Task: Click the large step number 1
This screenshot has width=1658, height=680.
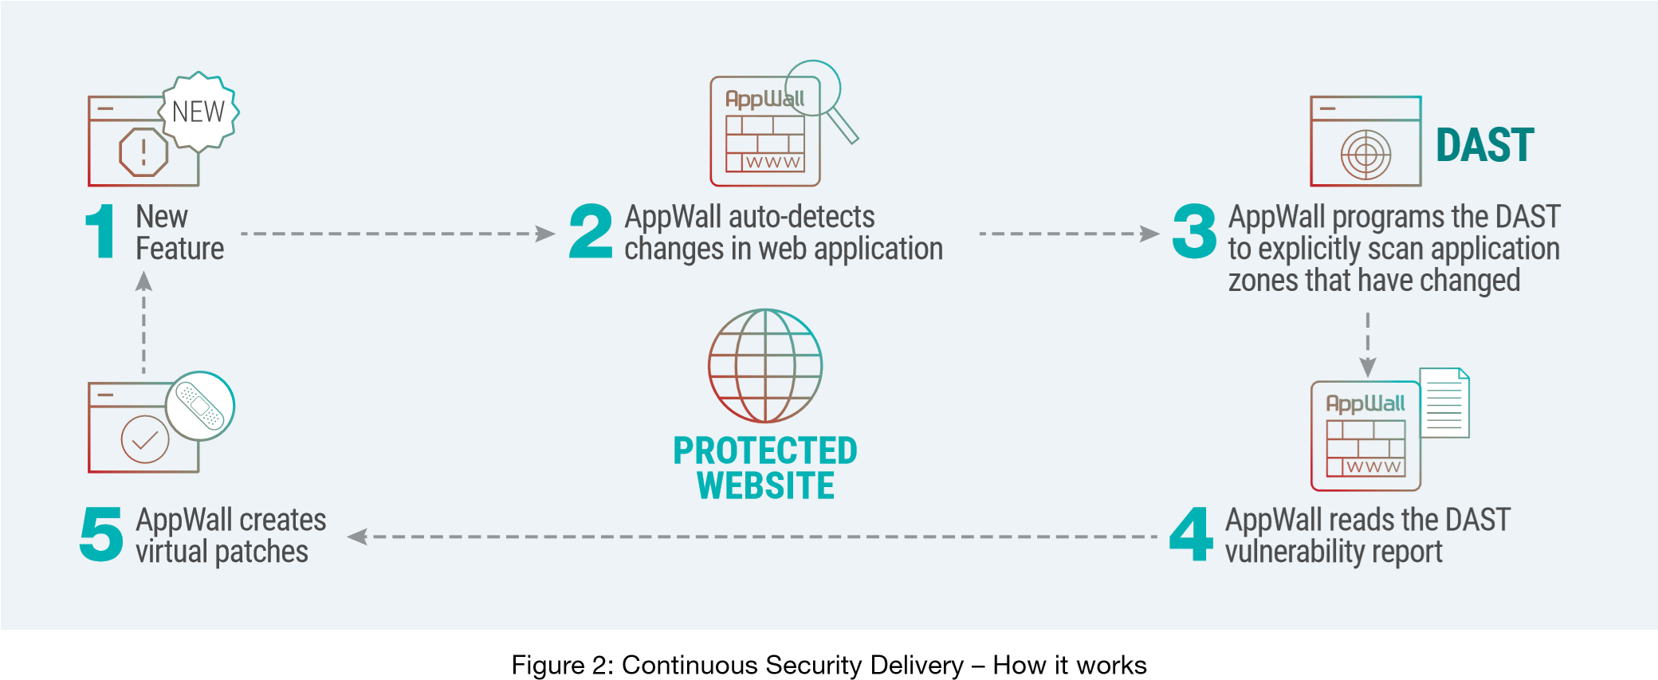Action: click(101, 231)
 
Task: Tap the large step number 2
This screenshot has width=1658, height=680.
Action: click(591, 231)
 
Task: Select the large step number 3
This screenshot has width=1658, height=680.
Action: click(1194, 231)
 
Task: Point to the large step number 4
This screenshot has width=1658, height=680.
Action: click(1191, 534)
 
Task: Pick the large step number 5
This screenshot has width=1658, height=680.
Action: click(101, 534)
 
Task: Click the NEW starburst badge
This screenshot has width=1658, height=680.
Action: click(198, 112)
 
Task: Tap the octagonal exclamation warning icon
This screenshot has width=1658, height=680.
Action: click(143, 151)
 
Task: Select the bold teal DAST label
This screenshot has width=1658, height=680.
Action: click(1484, 145)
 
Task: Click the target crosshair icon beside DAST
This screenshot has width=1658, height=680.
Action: click(1365, 154)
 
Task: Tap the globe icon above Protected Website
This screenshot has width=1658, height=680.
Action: click(765, 366)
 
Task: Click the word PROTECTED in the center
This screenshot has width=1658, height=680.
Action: click(765, 450)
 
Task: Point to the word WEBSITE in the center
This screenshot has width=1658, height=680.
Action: click(765, 485)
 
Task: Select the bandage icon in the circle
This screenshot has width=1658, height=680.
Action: click(200, 405)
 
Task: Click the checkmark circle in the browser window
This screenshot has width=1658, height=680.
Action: click(144, 439)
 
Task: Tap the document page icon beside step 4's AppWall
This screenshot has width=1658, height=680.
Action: click(1444, 403)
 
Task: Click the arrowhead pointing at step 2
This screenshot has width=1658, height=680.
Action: click(546, 234)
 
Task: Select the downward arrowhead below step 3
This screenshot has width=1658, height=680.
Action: click(1368, 368)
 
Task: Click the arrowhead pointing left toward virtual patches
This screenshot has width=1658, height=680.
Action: click(357, 537)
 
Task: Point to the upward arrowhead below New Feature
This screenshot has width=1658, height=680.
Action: click(143, 281)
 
